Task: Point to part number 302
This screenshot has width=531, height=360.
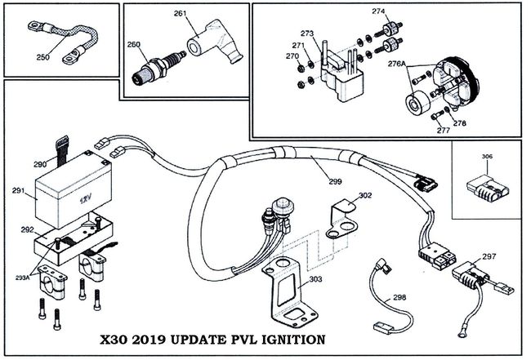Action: tap(365, 196)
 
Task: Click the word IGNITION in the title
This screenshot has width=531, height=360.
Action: tap(287, 338)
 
